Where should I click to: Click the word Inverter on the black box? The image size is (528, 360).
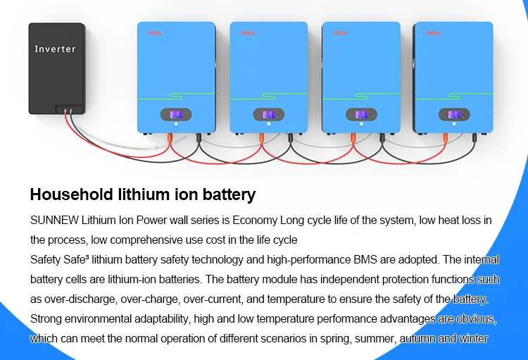tap(55, 49)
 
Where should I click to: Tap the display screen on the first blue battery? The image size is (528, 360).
tap(177, 114)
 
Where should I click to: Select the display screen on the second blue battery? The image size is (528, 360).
tap(269, 114)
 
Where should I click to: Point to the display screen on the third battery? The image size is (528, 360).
tap(361, 114)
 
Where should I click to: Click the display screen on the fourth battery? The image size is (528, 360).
tap(453, 114)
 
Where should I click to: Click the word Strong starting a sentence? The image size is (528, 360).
tap(45, 319)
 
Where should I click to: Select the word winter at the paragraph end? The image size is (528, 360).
tap(472, 339)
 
